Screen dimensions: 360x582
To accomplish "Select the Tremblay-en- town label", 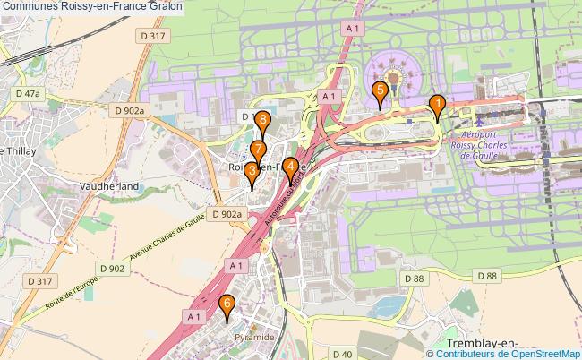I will tap(486, 344).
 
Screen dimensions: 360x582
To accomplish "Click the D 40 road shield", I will tap(340, 355).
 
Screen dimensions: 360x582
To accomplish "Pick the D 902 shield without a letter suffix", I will tap(112, 268).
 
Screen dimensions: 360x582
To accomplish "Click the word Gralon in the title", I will tap(166, 6).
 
